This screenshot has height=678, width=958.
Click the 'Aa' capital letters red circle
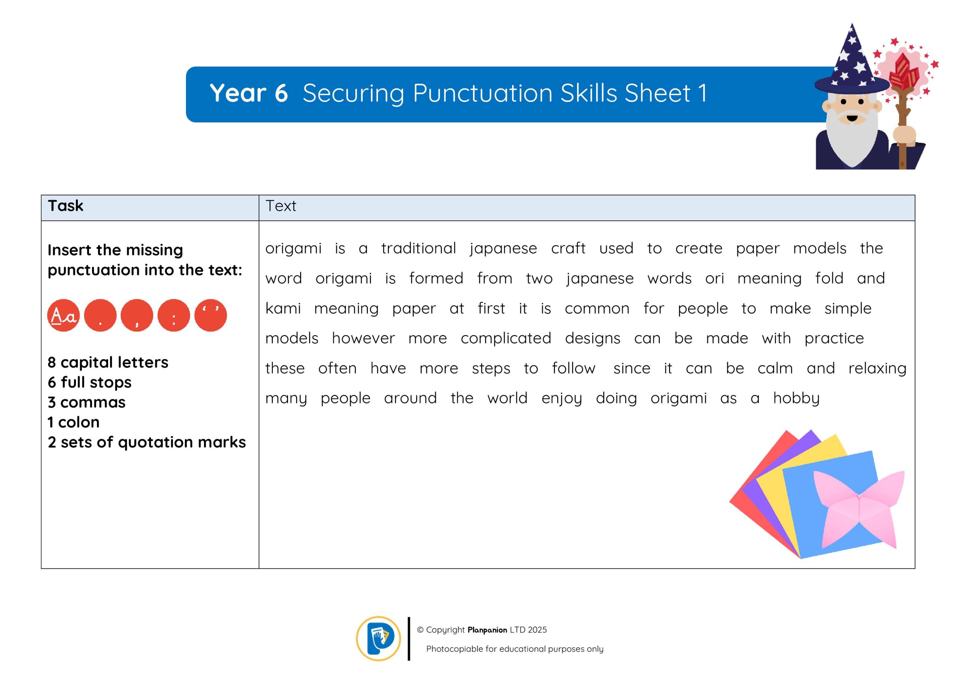[63, 315]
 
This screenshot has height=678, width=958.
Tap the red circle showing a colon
[174, 315]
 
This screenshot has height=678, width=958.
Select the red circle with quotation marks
[211, 315]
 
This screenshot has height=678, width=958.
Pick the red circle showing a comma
[137, 315]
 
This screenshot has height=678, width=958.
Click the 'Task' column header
[65, 206]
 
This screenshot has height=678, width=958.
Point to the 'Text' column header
[281, 206]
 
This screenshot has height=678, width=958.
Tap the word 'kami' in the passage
[283, 308]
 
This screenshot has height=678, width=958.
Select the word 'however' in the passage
[363, 338]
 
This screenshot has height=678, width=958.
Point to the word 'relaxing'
[878, 369]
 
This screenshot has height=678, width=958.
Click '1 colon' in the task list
[73, 422]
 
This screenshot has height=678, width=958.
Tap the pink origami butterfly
[859, 509]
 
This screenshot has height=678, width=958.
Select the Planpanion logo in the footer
[378, 639]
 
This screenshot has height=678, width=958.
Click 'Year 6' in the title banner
[249, 93]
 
